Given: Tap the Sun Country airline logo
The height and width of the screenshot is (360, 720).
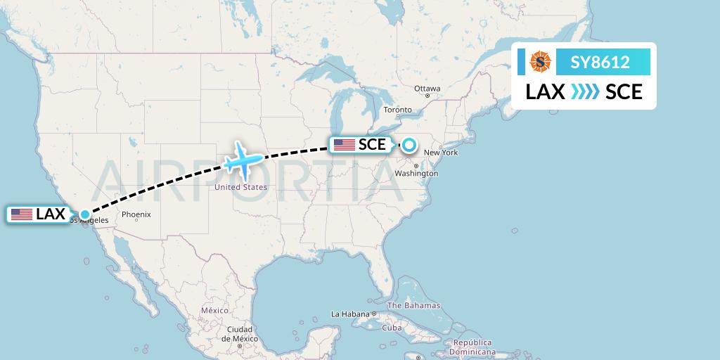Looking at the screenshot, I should click(x=541, y=63).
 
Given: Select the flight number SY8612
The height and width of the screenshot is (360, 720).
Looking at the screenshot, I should click(x=600, y=63).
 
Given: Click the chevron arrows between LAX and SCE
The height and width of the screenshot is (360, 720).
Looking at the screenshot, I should click(x=584, y=92).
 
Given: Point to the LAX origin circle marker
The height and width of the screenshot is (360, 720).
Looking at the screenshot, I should click(x=84, y=214).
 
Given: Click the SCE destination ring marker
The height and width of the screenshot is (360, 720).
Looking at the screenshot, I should click(x=409, y=146).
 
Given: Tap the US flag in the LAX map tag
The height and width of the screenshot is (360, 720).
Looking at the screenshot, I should click(x=22, y=214).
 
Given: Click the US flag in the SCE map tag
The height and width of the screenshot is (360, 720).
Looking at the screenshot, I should click(x=345, y=145).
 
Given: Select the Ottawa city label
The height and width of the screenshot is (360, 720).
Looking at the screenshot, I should click(x=427, y=89).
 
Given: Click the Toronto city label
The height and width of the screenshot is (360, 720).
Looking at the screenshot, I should click(x=397, y=110).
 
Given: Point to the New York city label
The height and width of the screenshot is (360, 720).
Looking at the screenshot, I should click(x=441, y=153).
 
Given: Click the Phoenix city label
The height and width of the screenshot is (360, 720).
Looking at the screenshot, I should click(x=136, y=214).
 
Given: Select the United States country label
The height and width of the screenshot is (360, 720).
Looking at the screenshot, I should click(x=240, y=187).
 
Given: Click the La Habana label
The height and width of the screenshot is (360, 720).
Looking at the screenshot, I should click(x=350, y=314).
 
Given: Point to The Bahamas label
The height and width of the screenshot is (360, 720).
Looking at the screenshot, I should click(x=414, y=305).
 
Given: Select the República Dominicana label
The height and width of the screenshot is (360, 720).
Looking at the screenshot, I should click(x=472, y=347).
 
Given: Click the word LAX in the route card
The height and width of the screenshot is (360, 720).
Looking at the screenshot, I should click(x=545, y=92).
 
